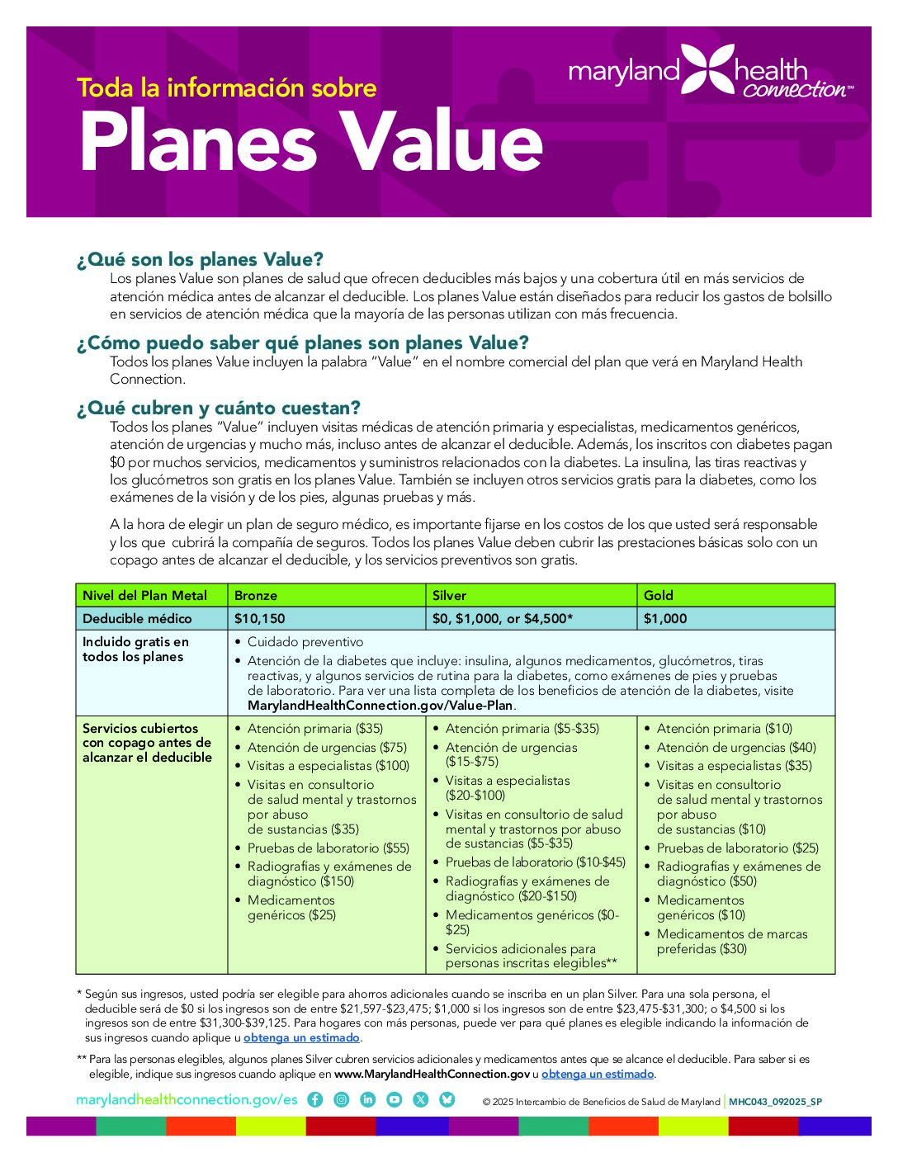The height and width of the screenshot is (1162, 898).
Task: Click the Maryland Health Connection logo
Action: (x=710, y=72)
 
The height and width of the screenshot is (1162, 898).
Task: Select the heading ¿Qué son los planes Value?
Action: (x=200, y=260)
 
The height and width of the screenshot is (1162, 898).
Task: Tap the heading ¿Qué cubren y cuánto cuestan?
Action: (x=218, y=408)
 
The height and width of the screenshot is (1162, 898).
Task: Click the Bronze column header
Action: (x=256, y=595)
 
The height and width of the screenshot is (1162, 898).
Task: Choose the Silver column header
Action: (x=450, y=595)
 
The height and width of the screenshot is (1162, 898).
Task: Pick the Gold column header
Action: (x=659, y=595)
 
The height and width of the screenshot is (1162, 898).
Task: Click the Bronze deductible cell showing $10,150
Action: (x=260, y=618)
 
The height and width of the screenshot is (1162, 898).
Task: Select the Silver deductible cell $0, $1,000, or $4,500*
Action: (x=503, y=618)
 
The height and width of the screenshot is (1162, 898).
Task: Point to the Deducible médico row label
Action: (x=137, y=618)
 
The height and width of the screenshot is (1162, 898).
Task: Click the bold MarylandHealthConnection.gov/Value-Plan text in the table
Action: (x=380, y=706)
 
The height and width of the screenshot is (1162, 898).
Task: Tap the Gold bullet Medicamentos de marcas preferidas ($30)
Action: (x=731, y=942)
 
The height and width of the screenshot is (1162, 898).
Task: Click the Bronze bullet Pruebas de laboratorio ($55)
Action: (x=328, y=848)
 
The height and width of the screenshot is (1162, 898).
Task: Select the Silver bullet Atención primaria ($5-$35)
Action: (x=522, y=729)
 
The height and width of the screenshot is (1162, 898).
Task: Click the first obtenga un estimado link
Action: (x=301, y=1038)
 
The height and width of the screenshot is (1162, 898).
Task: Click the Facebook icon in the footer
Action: (x=314, y=1099)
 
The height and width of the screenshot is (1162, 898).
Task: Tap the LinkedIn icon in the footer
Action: (x=368, y=1099)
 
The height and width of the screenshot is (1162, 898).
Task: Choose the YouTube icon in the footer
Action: (x=395, y=1099)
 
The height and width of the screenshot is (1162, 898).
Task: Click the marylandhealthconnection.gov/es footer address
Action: (x=187, y=1099)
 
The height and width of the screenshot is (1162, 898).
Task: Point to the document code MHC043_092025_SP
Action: (x=775, y=1102)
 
